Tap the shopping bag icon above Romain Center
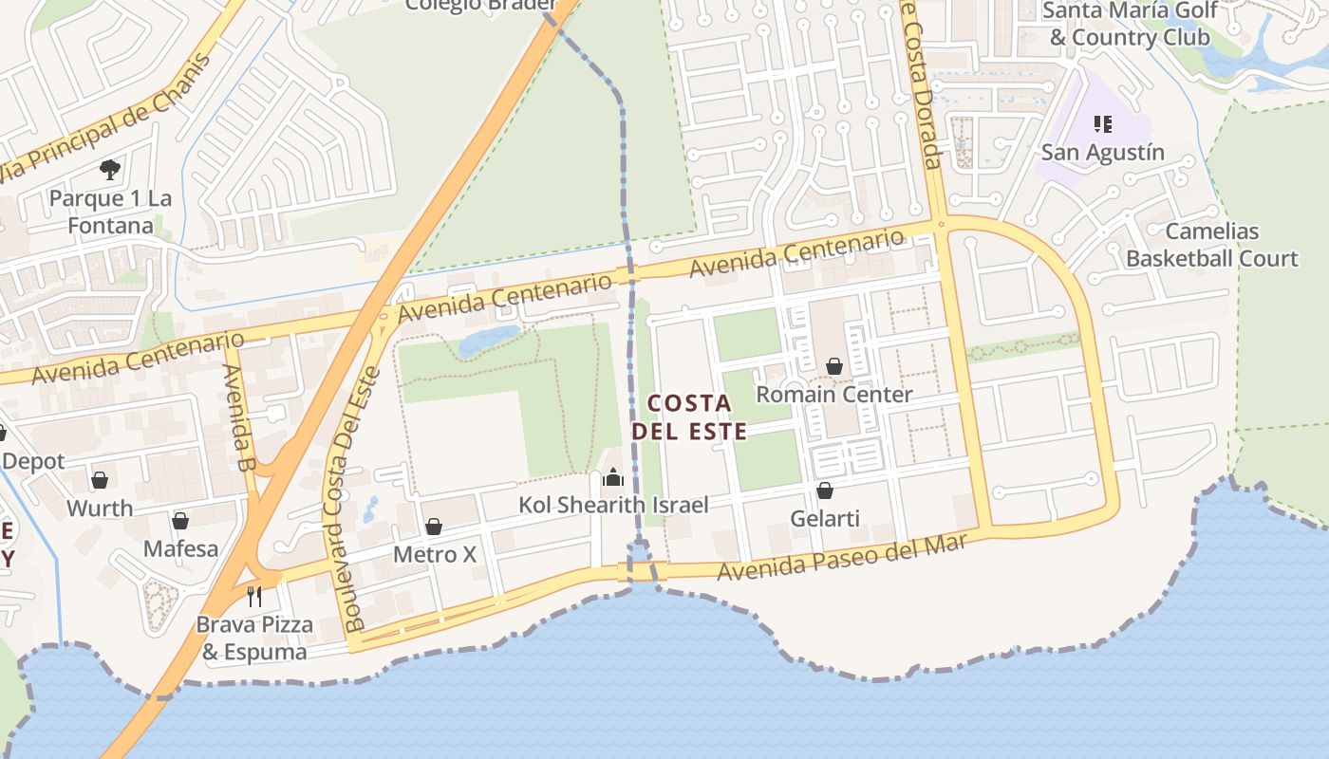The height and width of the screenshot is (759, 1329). (x=834, y=366)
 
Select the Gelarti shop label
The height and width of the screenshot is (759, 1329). (x=825, y=518)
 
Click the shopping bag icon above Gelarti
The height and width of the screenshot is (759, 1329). (x=825, y=491)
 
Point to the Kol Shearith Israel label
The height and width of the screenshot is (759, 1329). (x=613, y=505)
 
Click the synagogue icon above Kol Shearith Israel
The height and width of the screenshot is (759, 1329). (x=613, y=477)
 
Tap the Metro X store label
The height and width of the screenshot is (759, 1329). (x=434, y=554)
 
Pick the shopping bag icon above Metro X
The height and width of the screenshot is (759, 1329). (x=434, y=527)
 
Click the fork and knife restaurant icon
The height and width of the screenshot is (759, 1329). (x=253, y=596)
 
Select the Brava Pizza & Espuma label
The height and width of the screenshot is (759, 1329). (x=254, y=639)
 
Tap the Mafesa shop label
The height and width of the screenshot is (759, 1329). (x=180, y=548)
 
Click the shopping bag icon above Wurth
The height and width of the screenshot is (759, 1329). (x=100, y=480)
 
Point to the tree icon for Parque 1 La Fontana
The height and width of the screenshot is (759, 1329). (x=110, y=171)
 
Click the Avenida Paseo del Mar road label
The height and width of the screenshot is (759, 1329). (x=842, y=557)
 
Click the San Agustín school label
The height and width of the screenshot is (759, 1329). (x=1102, y=152)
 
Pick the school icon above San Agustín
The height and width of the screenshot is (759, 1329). (x=1102, y=124)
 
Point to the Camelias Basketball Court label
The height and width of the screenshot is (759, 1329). (x=1211, y=245)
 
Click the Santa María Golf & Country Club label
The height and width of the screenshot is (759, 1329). (x=1129, y=25)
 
